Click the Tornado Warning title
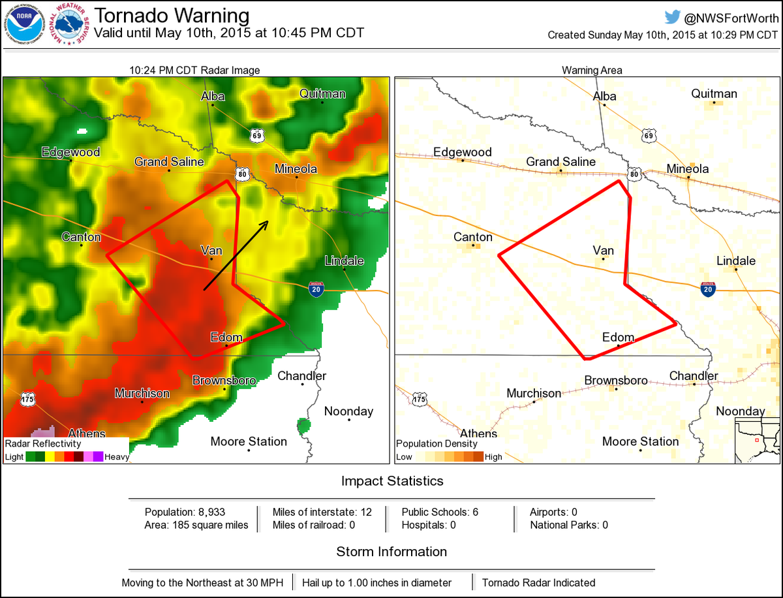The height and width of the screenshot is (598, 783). point(172,15)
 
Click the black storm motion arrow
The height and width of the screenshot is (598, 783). point(236,255)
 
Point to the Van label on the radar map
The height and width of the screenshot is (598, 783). point(211,249)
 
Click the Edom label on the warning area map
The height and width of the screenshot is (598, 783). point(618,338)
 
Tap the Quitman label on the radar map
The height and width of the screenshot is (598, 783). point(322,93)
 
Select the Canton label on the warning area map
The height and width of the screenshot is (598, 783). point(473,236)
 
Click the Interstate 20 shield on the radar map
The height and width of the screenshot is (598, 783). point(316,289)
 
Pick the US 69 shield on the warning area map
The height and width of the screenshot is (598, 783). point(648,136)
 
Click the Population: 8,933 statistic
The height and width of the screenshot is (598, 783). point(185,512)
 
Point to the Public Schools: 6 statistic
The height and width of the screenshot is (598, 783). point(440,512)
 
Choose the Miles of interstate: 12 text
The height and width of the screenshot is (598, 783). point(322,512)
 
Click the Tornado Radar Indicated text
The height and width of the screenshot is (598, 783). point(538,582)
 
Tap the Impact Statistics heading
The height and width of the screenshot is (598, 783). point(392,481)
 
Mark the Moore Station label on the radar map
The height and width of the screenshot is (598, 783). point(249,442)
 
